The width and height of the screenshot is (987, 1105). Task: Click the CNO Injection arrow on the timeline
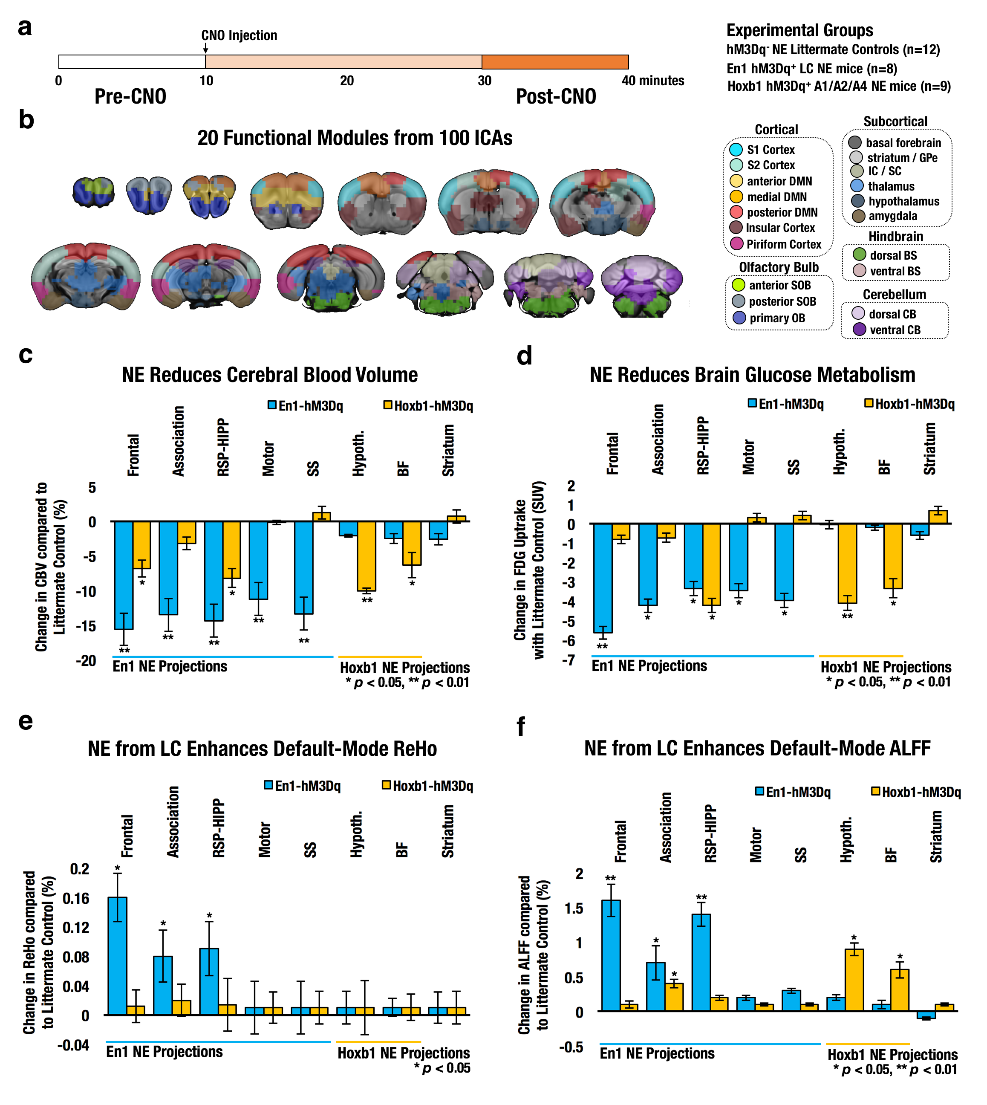205,49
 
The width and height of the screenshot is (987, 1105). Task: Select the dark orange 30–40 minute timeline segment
555,62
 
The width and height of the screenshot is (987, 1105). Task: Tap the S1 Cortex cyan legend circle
736,150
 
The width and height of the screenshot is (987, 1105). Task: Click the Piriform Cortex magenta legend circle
736,244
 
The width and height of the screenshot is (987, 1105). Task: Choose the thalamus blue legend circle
857,186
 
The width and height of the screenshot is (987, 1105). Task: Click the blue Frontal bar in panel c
124,575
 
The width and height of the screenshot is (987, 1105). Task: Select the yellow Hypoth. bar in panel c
367,556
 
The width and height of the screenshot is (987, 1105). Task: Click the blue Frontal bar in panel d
603,578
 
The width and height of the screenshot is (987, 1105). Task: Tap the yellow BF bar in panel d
893,556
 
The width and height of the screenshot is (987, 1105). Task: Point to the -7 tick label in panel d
569,660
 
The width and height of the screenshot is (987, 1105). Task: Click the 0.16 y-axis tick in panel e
76,898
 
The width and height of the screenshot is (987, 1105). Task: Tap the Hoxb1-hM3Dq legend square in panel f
875,792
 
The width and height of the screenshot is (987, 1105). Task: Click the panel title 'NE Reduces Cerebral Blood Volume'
269,375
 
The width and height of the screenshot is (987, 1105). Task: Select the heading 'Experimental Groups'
799,30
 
